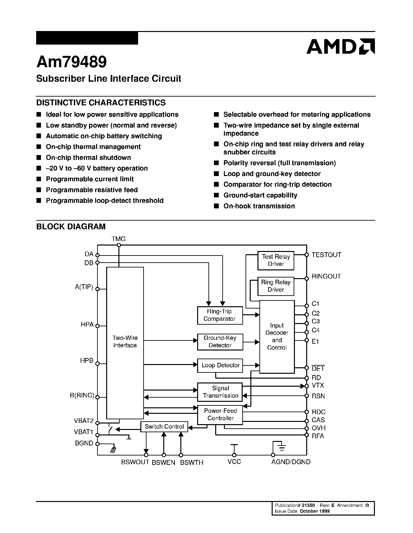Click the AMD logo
340,47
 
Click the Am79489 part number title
71,62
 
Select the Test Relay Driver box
276,260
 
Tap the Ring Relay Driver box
276,286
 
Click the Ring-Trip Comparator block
219,315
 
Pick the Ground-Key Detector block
220,341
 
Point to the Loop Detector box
220,365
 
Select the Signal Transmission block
220,392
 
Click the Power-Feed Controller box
220,414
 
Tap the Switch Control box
164,427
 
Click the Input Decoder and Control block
277,337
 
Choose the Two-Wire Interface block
125,342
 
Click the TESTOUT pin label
326,255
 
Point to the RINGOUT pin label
326,277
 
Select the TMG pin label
118,239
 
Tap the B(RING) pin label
82,395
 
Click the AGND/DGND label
291,462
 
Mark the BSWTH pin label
192,463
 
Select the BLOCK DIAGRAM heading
71,226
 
